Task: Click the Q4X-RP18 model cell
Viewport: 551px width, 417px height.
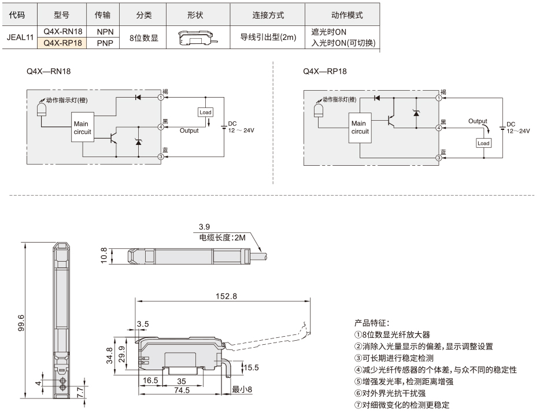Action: [x=62, y=43]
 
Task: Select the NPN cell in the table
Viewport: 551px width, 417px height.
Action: [x=105, y=32]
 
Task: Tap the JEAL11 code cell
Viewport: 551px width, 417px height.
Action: [x=20, y=37]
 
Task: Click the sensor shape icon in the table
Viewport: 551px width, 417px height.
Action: [x=198, y=38]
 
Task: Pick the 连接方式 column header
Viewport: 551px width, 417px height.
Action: [x=268, y=15]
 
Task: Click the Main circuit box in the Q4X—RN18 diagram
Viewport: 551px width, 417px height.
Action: [x=83, y=127]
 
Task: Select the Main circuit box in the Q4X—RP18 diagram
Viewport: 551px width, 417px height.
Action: [x=360, y=128]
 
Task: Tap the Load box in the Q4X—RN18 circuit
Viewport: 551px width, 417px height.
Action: [x=206, y=112]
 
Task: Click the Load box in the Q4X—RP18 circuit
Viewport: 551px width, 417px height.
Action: [x=483, y=143]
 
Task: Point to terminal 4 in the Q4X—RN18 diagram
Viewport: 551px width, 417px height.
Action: [x=161, y=126]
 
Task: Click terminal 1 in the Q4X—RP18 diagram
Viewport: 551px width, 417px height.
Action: [x=439, y=98]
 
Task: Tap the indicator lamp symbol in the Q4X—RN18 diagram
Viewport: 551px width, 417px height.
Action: [x=42, y=109]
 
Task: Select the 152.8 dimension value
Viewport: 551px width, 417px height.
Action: [x=226, y=296]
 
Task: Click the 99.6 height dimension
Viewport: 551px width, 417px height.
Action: [x=21, y=323]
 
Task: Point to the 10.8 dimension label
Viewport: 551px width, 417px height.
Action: [x=104, y=255]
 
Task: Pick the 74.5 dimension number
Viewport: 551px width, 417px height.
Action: [x=182, y=390]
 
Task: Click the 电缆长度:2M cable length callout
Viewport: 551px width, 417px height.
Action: [x=223, y=237]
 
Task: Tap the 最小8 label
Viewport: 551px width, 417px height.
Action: [x=242, y=389]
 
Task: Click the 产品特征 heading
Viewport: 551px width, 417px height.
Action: [x=371, y=323]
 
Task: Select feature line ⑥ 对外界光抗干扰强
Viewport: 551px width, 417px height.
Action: [x=390, y=393]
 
